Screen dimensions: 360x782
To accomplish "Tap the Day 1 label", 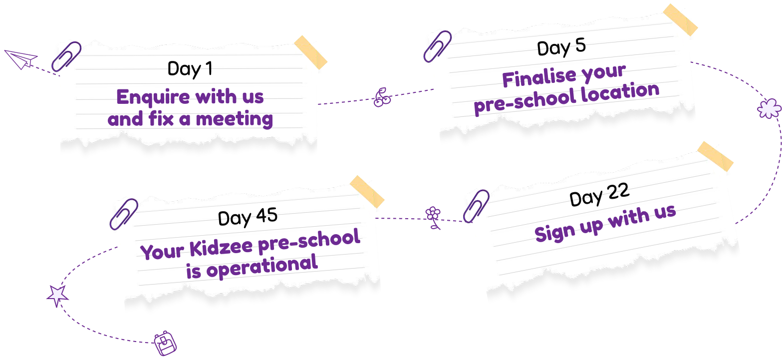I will tap(190, 69).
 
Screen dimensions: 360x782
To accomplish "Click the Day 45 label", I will tap(248, 217).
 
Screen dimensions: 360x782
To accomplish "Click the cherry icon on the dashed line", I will tap(382, 97).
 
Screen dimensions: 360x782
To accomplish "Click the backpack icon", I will tap(166, 344).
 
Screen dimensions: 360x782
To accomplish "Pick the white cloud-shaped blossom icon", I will tap(769, 109).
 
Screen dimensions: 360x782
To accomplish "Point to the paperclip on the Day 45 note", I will tap(124, 213).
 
